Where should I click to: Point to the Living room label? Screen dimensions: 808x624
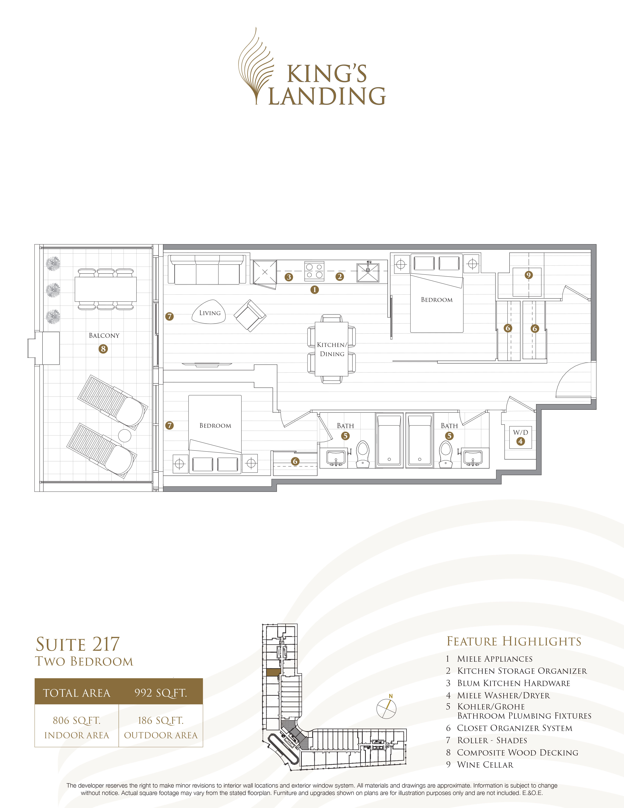click(210, 313)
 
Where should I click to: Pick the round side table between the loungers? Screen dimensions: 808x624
click(125, 436)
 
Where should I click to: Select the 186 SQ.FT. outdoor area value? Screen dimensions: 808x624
click(160, 720)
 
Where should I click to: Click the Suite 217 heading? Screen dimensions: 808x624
click(78, 644)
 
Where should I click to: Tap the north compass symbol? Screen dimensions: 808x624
click(386, 708)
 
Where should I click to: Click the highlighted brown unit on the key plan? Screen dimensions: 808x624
click(273, 672)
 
